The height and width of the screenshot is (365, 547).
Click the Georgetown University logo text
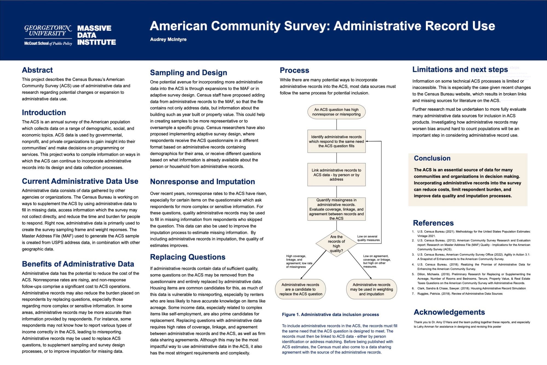click(x=48, y=31)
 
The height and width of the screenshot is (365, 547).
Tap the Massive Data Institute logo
click(x=96, y=35)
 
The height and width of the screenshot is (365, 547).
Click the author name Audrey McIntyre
click(x=168, y=39)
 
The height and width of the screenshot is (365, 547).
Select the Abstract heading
click(x=37, y=70)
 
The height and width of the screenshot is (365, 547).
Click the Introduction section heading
click(x=44, y=113)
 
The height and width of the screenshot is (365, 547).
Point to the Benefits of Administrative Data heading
click(x=78, y=264)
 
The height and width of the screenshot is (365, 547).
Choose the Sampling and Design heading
click(x=188, y=73)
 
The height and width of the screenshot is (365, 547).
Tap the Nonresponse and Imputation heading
click(x=202, y=182)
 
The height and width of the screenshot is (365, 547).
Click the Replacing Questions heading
click(x=188, y=257)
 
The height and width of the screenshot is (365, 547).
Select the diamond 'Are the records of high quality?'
click(x=336, y=243)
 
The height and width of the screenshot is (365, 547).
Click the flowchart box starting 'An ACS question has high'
click(x=336, y=112)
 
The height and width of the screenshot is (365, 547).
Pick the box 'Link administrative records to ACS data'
click(x=336, y=175)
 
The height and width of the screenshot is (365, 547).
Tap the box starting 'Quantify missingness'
click(x=336, y=209)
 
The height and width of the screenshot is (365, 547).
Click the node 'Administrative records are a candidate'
click(x=301, y=289)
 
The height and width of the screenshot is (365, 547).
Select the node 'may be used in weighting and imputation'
click(x=371, y=289)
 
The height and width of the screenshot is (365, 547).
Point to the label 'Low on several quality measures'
click(x=368, y=238)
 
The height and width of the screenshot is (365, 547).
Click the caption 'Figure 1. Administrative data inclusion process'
click(x=330, y=315)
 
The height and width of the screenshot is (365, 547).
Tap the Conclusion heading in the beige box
click(x=432, y=158)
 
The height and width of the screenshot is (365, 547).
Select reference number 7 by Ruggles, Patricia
click(x=459, y=294)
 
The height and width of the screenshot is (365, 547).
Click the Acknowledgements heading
click(x=449, y=312)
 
